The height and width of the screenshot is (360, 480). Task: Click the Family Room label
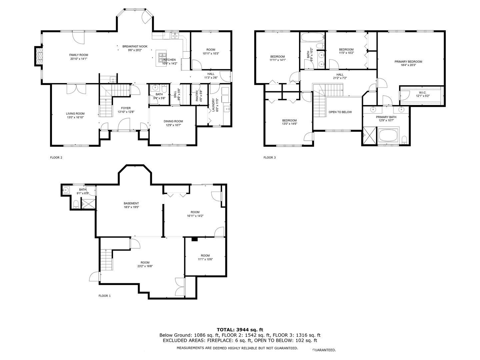click(x=79, y=55)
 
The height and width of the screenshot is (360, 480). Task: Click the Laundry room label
click(x=213, y=105)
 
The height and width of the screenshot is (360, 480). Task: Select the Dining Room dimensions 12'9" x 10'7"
click(x=173, y=125)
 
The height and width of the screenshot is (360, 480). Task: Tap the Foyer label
click(x=126, y=108)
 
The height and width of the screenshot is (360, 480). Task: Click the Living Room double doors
click(x=76, y=89)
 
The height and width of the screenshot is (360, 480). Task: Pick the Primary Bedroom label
click(x=408, y=62)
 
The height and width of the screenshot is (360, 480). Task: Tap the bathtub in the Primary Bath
click(x=388, y=136)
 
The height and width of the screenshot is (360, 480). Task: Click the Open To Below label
click(x=340, y=112)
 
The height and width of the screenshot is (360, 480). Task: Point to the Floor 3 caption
click(x=270, y=158)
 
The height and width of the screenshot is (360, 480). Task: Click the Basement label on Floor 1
click(x=131, y=203)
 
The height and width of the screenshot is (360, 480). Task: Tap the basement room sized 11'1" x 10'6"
click(x=205, y=257)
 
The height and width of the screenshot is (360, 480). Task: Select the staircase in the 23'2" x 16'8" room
click(x=107, y=260)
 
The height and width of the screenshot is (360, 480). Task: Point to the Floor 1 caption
click(x=104, y=296)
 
